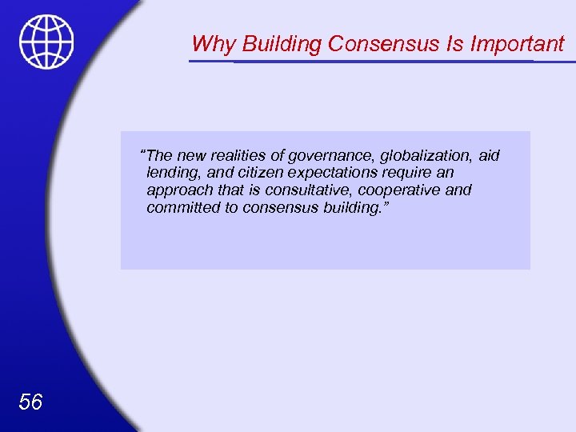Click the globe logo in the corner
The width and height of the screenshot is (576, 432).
(x=46, y=42)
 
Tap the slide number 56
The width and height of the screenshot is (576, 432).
(x=30, y=402)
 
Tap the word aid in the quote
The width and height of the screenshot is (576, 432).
(x=489, y=155)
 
